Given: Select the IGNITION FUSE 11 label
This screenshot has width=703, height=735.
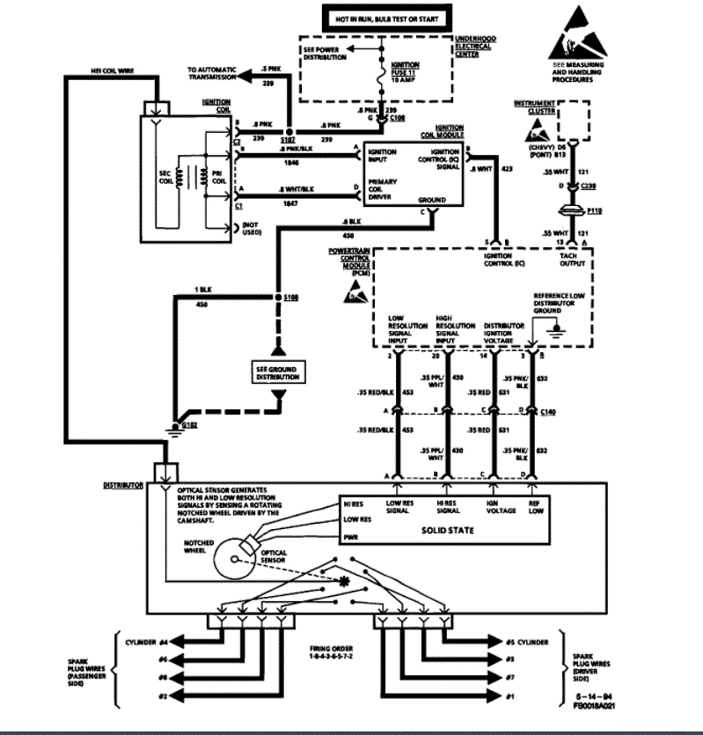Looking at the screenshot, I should [x=404, y=71].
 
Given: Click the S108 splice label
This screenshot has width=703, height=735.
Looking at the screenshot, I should [x=290, y=298].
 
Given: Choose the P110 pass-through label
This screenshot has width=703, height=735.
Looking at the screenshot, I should [x=596, y=212].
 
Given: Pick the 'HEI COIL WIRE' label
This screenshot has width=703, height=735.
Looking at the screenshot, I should [x=111, y=68].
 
